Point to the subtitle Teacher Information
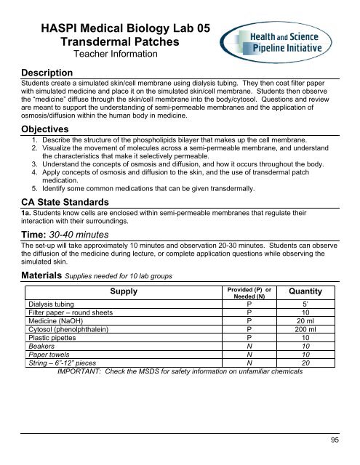pos(116,54)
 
